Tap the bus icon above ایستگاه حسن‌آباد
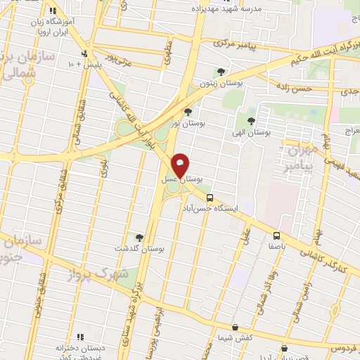209,198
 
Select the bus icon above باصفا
276,236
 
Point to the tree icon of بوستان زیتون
221,72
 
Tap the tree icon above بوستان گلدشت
139,238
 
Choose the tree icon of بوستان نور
187,112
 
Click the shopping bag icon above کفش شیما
234,327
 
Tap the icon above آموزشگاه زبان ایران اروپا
53,11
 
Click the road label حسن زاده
292,89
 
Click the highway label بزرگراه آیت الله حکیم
324,54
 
